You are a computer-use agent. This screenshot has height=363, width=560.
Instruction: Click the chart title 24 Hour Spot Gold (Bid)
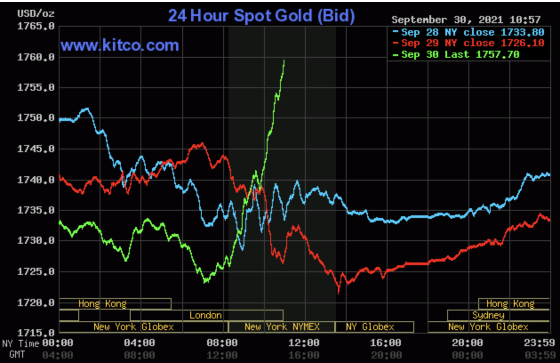click(261, 16)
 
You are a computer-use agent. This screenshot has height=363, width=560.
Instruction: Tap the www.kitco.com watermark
click(120, 45)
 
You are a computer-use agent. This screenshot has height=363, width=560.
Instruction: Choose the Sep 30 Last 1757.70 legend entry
click(460, 54)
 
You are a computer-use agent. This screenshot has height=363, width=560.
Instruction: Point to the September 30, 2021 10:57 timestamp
click(466, 20)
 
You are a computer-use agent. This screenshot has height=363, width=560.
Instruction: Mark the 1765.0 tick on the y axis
click(36, 26)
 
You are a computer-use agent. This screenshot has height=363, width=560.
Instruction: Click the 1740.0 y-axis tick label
click(36, 180)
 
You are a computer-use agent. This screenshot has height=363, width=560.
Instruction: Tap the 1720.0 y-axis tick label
click(36, 303)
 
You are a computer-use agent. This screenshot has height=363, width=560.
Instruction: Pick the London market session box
click(206, 315)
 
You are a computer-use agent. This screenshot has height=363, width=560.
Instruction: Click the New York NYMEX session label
click(282, 327)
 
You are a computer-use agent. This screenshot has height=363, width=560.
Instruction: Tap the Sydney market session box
click(488, 315)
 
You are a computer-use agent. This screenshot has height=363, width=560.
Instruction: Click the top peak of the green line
click(284, 60)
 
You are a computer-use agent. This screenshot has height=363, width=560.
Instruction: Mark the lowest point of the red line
click(339, 293)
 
